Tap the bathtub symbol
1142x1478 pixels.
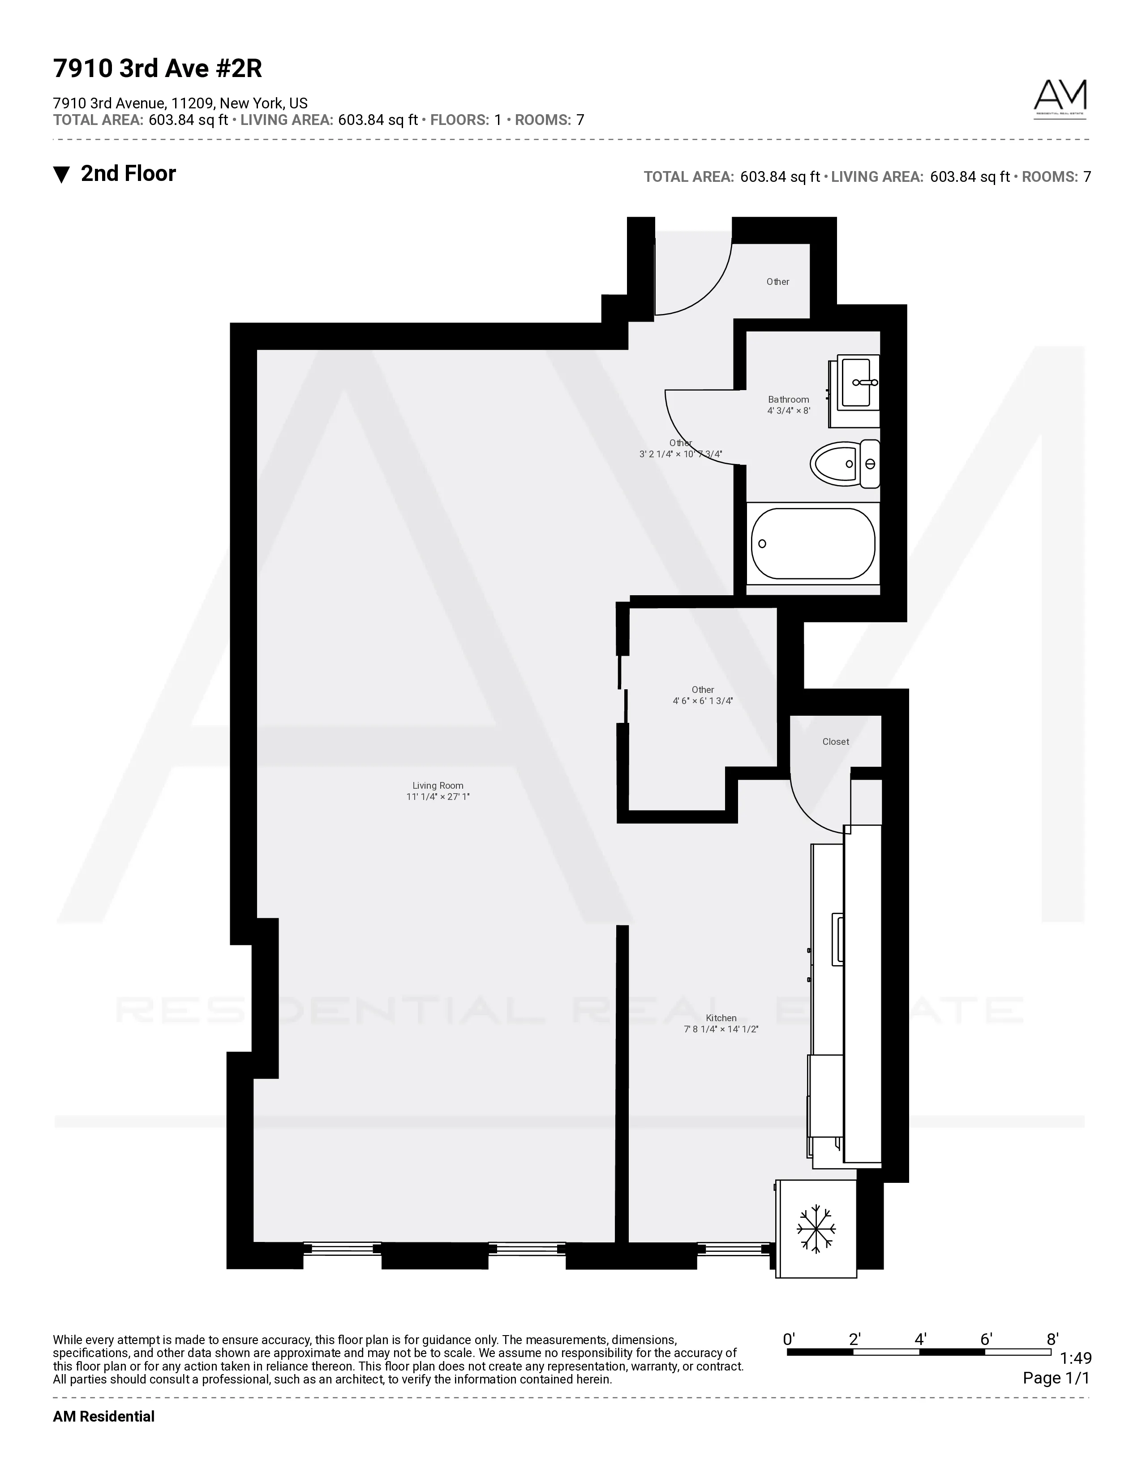click(x=812, y=543)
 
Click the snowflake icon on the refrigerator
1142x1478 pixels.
click(x=816, y=1228)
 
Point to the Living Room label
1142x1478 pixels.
click(x=438, y=786)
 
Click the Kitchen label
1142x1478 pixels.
click(x=721, y=1018)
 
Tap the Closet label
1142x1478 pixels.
click(x=836, y=742)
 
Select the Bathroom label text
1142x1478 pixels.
click(x=788, y=399)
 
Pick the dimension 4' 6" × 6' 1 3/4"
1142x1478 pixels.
click(x=702, y=701)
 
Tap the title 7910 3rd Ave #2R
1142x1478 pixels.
click(x=158, y=69)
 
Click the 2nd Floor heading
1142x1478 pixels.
click(x=128, y=174)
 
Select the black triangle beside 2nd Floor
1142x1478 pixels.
click(x=61, y=175)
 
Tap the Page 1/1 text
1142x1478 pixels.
click(x=1056, y=1378)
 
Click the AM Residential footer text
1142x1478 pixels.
click(x=103, y=1416)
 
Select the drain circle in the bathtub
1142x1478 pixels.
click(x=763, y=543)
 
